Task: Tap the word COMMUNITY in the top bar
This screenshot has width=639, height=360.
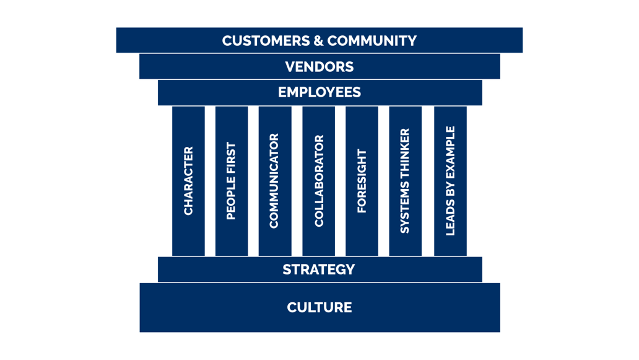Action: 372,41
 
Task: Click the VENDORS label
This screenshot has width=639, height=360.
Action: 319,67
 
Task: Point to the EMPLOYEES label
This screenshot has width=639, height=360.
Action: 319,92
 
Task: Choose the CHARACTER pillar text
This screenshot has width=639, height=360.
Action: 189,181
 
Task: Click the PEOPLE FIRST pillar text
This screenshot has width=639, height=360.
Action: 232,181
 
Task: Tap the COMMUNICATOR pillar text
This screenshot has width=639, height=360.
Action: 274,181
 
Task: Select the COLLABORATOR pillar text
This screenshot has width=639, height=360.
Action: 319,181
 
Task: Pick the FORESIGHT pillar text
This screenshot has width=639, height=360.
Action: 362,181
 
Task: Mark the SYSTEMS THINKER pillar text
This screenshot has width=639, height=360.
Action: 405,181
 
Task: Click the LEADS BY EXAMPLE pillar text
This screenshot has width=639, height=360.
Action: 450,181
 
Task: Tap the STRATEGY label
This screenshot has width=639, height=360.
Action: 319,270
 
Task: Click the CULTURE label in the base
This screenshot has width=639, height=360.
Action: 319,307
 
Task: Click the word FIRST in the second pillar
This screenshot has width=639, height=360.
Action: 232,157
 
